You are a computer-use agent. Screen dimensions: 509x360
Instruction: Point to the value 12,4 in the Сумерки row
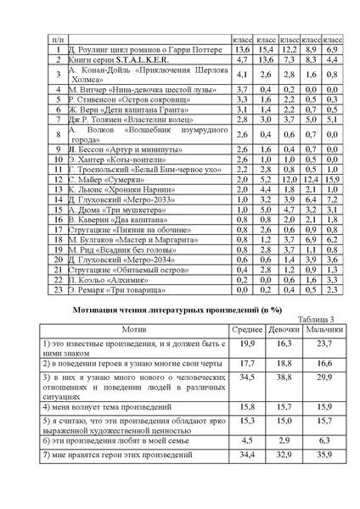(x=311, y=180)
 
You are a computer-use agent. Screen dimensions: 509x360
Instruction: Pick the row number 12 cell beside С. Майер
(x=55, y=180)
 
